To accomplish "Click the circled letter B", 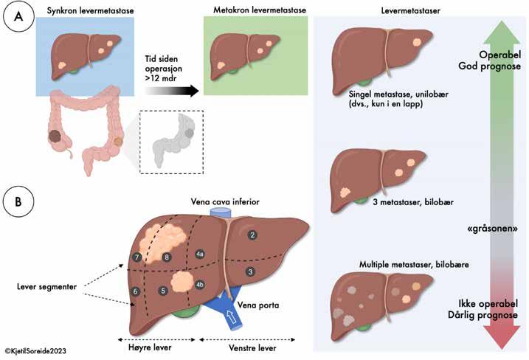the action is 17,200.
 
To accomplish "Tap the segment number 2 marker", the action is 252,235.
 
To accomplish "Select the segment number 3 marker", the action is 250,272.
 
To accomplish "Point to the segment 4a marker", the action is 200,254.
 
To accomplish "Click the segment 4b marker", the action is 200,284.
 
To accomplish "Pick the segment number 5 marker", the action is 162,291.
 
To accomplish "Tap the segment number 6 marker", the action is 135,292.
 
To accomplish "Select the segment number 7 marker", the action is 137,257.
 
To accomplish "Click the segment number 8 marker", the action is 167,257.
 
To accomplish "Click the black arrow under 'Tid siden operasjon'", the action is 173,90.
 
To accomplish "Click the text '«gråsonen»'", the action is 488,229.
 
